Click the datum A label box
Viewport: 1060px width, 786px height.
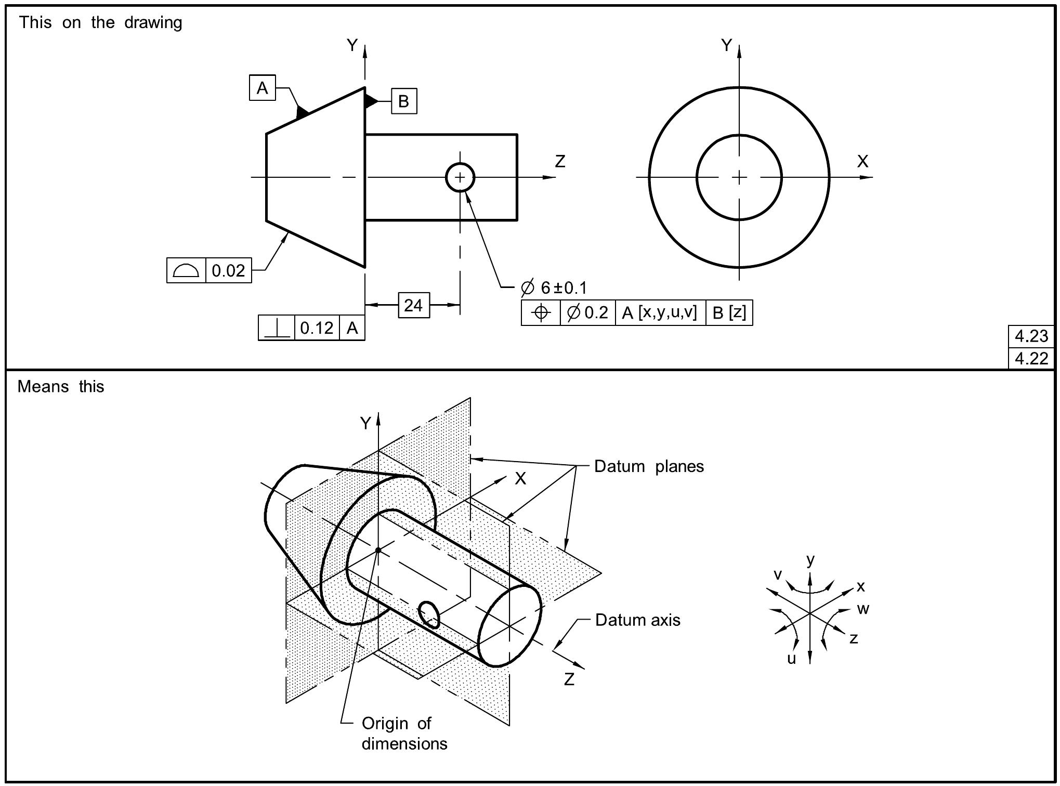tap(262, 88)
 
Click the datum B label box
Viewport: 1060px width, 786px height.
tap(403, 101)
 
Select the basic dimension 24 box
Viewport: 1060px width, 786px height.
tap(413, 305)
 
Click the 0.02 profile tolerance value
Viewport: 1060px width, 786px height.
tap(228, 270)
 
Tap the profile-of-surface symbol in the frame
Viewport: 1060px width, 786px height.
tap(186, 270)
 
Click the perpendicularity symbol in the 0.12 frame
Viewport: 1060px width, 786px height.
tap(277, 328)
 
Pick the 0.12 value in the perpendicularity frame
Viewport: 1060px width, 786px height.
tap(317, 328)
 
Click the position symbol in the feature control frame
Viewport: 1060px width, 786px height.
tap(541, 312)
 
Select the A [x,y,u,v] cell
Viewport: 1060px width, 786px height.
tap(660, 312)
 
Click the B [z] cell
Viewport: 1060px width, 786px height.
tap(729, 312)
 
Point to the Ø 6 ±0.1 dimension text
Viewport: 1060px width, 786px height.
tap(554, 287)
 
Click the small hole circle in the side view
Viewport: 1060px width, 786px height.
tap(460, 177)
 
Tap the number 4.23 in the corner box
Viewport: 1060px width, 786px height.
tap(1031, 336)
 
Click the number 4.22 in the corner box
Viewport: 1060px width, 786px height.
tap(1031, 358)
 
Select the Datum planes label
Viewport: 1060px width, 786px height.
tap(648, 466)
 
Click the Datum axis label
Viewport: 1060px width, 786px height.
tap(637, 620)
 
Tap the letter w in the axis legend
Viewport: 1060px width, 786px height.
tap(862, 609)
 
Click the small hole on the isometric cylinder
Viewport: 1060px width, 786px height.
tap(429, 614)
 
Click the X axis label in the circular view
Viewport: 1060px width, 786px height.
tap(862, 161)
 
